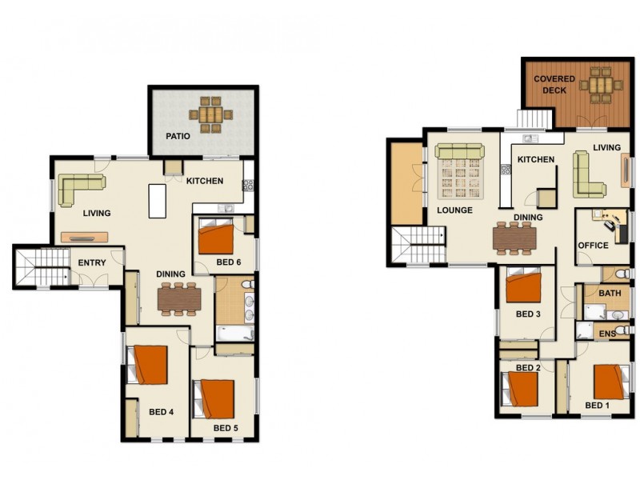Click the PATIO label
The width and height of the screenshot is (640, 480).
click(178, 136)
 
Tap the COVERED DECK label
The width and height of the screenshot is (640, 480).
click(550, 85)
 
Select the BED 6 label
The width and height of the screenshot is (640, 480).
click(228, 262)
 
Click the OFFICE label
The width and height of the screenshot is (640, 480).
click(593, 245)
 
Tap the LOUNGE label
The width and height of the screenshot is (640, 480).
click(454, 210)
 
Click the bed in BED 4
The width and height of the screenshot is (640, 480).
click(149, 365)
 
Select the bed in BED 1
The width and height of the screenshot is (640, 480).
click(610, 382)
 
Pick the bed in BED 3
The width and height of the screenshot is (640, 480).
click(523, 287)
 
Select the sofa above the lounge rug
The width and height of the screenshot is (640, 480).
click(459, 152)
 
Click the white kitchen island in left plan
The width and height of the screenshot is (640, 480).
click(157, 200)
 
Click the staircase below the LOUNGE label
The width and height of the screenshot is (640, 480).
click(418, 243)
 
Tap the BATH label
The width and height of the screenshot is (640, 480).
click(610, 294)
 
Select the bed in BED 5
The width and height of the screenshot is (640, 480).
click(214, 398)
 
